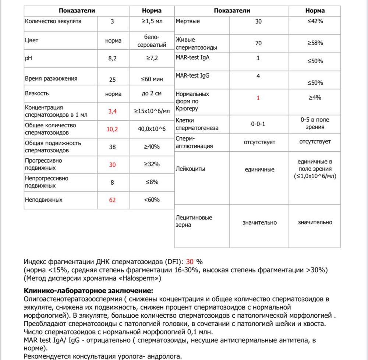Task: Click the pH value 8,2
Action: tap(113, 58)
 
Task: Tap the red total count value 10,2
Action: tap(113, 129)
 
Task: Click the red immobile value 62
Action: tap(113, 200)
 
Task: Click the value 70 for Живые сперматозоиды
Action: tap(259, 43)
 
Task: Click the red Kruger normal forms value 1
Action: tap(258, 98)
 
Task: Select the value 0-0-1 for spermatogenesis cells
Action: tap(259, 124)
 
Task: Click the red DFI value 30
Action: tap(190, 262)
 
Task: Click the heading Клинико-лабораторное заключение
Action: tap(86, 290)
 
